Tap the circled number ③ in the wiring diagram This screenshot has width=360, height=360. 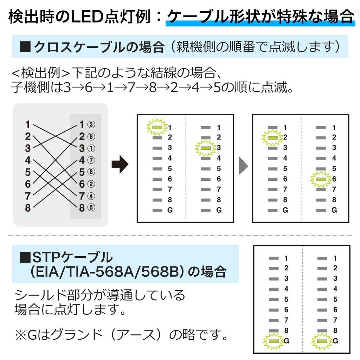click(x=91, y=124)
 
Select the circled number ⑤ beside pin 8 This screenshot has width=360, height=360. click(x=91, y=207)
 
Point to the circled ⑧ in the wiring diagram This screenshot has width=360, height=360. click(x=91, y=172)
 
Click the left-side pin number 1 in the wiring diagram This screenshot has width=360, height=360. click(x=28, y=124)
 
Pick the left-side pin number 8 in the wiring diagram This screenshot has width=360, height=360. click(x=28, y=207)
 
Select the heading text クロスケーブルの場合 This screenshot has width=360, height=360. click(x=99, y=47)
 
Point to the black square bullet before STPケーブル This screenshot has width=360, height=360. click(x=25, y=258)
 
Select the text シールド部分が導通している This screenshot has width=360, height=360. click(x=100, y=295)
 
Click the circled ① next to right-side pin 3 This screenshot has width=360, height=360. click(x=91, y=148)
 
